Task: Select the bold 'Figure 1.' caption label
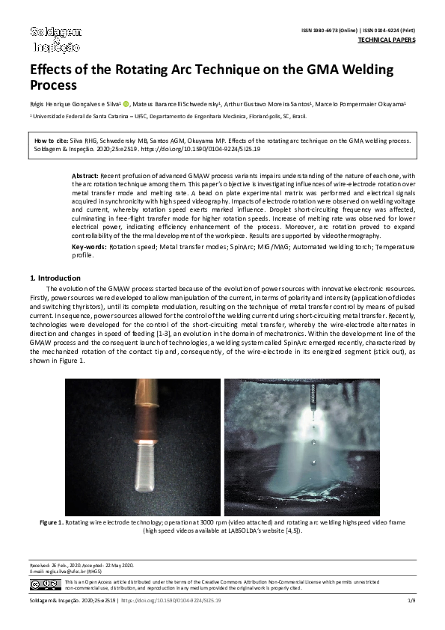[x=51, y=521]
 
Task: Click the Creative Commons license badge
[x=45, y=584]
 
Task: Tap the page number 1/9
[x=411, y=601]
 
